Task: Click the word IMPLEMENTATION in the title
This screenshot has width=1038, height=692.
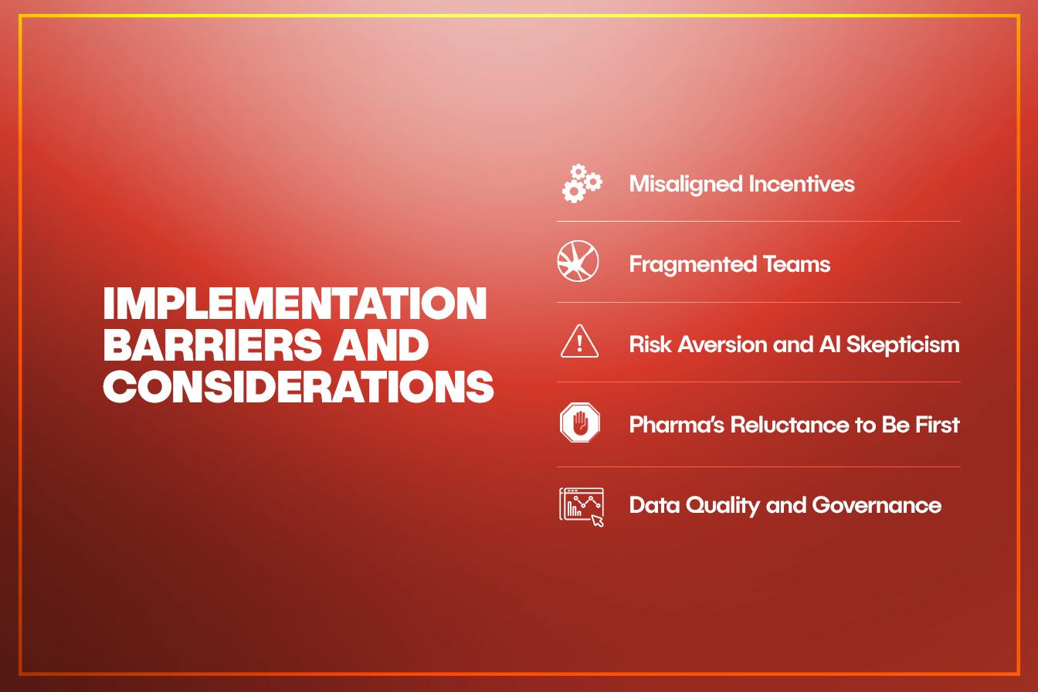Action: point(295,303)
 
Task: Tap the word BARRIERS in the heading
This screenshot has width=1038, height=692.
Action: point(212,345)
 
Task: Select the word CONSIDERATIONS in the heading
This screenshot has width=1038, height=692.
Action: point(298,387)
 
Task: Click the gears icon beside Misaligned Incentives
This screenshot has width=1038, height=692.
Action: point(582,183)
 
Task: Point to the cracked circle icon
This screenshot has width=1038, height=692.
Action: point(578,261)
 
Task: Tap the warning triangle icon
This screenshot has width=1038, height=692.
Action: point(579,341)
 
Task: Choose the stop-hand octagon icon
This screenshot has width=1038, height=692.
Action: point(580,422)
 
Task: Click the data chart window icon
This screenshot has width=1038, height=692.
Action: point(582,507)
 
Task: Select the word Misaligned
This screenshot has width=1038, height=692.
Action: point(685,185)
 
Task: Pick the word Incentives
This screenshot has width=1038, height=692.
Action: point(802,184)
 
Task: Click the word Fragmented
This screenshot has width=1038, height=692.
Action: point(692,265)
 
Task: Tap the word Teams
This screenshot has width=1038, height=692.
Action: point(796,264)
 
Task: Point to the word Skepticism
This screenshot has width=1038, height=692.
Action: point(903,345)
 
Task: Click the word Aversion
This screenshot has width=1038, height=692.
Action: point(722,344)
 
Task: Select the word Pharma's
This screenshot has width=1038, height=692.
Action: point(677,425)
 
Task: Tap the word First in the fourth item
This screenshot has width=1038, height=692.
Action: point(937,425)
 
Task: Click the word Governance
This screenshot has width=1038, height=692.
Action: point(877,505)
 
